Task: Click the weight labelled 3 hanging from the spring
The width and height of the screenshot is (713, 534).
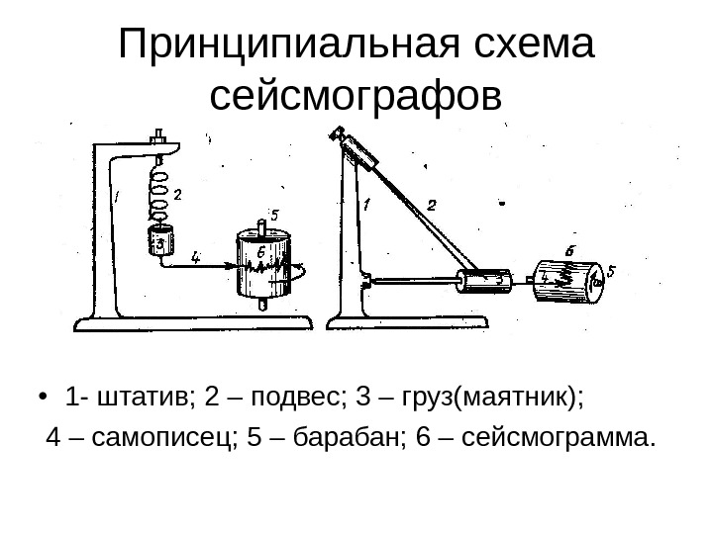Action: coord(158,241)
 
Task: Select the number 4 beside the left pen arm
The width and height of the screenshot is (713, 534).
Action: coord(195,257)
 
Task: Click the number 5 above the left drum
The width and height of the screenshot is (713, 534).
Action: coord(273,215)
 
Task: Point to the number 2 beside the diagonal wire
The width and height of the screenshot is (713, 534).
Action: coord(432,206)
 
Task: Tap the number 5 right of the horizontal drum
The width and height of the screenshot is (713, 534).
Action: coord(611,269)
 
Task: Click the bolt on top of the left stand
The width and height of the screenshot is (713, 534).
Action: coord(156,137)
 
